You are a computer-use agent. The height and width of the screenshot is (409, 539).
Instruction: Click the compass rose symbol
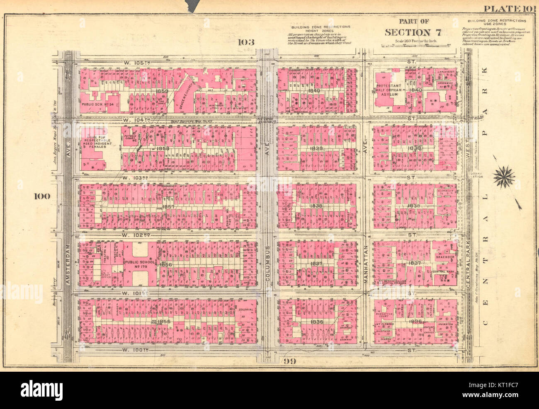(504, 177)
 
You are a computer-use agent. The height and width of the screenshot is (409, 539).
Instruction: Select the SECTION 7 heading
(413, 32)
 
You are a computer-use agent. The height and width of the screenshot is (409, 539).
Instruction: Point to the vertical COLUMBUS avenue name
(268, 265)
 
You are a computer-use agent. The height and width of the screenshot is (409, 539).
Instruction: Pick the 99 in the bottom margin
(289, 361)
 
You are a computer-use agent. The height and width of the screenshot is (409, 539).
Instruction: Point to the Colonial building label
(246, 309)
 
